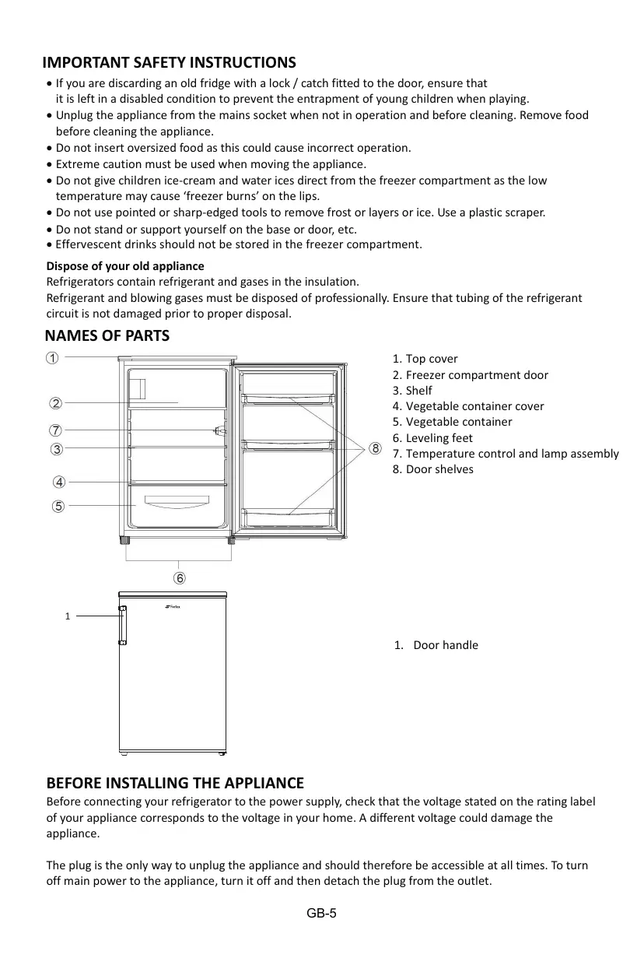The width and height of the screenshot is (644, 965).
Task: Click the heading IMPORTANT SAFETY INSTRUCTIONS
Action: pos(169,62)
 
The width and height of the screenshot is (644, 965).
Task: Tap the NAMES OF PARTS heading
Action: pos(107,336)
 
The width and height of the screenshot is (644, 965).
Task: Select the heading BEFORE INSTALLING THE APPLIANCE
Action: pos(175,783)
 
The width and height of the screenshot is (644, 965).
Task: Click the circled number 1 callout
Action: pos(50,359)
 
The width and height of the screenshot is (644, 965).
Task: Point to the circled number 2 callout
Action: pos(56,403)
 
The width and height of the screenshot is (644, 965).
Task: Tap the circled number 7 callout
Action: pos(56,430)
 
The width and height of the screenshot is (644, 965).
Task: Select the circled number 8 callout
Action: pos(375,449)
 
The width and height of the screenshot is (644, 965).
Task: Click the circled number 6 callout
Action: pos(180,578)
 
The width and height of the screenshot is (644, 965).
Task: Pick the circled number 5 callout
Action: pos(58,506)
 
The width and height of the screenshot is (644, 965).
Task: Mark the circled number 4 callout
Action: pos(58,482)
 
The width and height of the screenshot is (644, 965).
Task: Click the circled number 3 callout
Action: pos(56,449)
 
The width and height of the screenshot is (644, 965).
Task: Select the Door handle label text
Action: pos(445,645)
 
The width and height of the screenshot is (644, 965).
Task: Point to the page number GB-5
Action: pos(321,913)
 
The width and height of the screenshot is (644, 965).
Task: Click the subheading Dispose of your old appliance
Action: pos(125,266)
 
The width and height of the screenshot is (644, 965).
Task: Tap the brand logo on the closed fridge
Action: pos(173,609)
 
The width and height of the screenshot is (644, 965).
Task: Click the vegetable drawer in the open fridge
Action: pos(178,505)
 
